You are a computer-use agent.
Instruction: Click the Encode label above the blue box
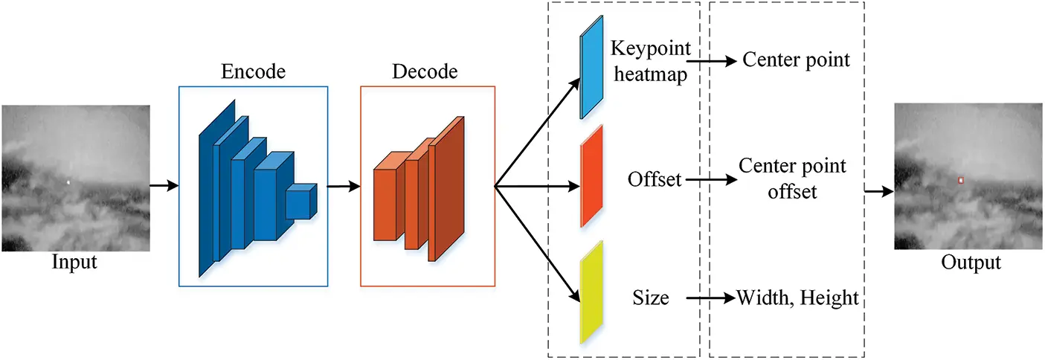tap(253, 72)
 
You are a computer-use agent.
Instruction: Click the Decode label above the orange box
tap(425, 72)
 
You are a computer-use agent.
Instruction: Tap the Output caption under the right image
tap(971, 263)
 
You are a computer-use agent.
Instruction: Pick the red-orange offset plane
tap(592, 176)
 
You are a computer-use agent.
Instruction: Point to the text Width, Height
tap(797, 298)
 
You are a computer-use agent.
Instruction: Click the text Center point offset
tap(792, 179)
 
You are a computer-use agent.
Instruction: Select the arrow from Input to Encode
tap(164, 185)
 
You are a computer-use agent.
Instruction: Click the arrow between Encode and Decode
tap(344, 186)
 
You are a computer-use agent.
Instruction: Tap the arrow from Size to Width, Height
tap(710, 299)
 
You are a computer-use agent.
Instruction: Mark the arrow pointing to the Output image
tap(878, 191)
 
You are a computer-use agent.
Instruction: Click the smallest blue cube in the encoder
tap(301, 201)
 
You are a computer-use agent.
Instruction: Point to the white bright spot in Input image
tap(68, 182)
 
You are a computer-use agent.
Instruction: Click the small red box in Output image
tap(960, 180)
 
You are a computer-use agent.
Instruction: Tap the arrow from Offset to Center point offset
tap(707, 179)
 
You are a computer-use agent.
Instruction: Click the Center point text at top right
tap(796, 60)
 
